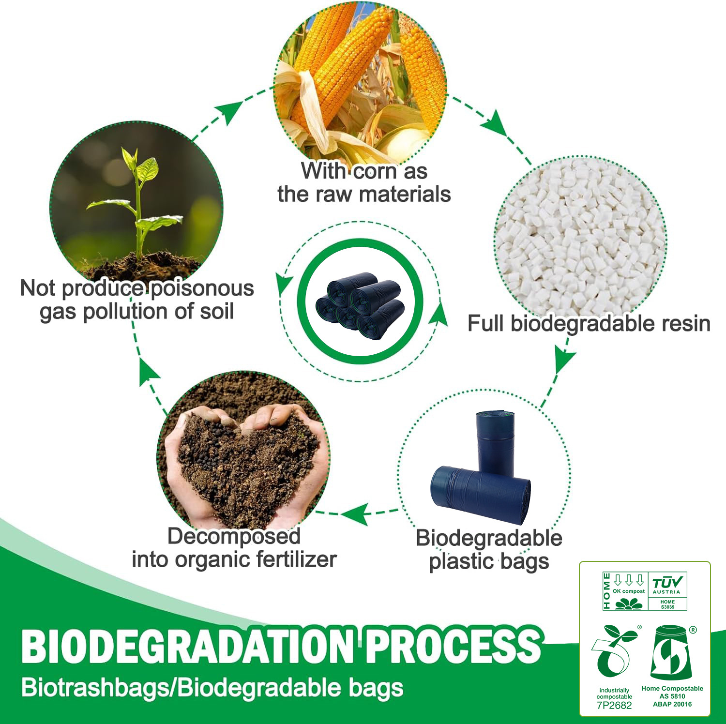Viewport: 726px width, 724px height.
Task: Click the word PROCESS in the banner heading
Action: coord(453,646)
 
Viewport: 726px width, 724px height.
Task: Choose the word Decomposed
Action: coord(234,536)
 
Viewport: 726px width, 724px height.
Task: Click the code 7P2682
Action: coord(614,705)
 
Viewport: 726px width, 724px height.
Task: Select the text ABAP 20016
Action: coord(672,704)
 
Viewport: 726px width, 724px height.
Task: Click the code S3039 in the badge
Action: coord(667,607)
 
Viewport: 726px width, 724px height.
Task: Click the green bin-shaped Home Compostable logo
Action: coord(672,652)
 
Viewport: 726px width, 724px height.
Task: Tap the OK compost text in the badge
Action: coord(629,591)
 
